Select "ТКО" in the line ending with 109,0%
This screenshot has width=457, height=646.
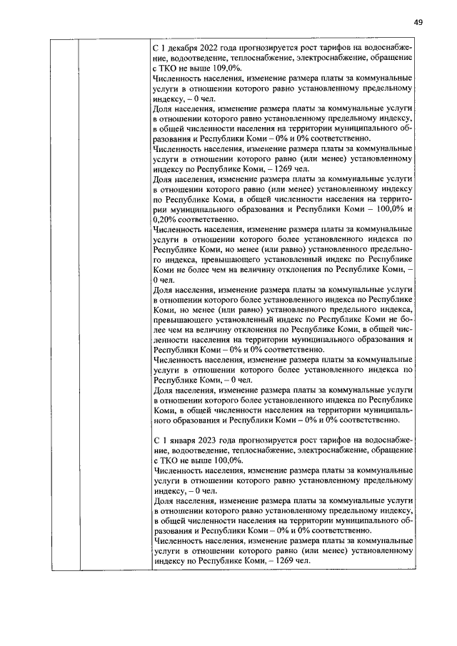click(170, 68)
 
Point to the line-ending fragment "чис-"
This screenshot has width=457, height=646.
click(404, 330)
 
